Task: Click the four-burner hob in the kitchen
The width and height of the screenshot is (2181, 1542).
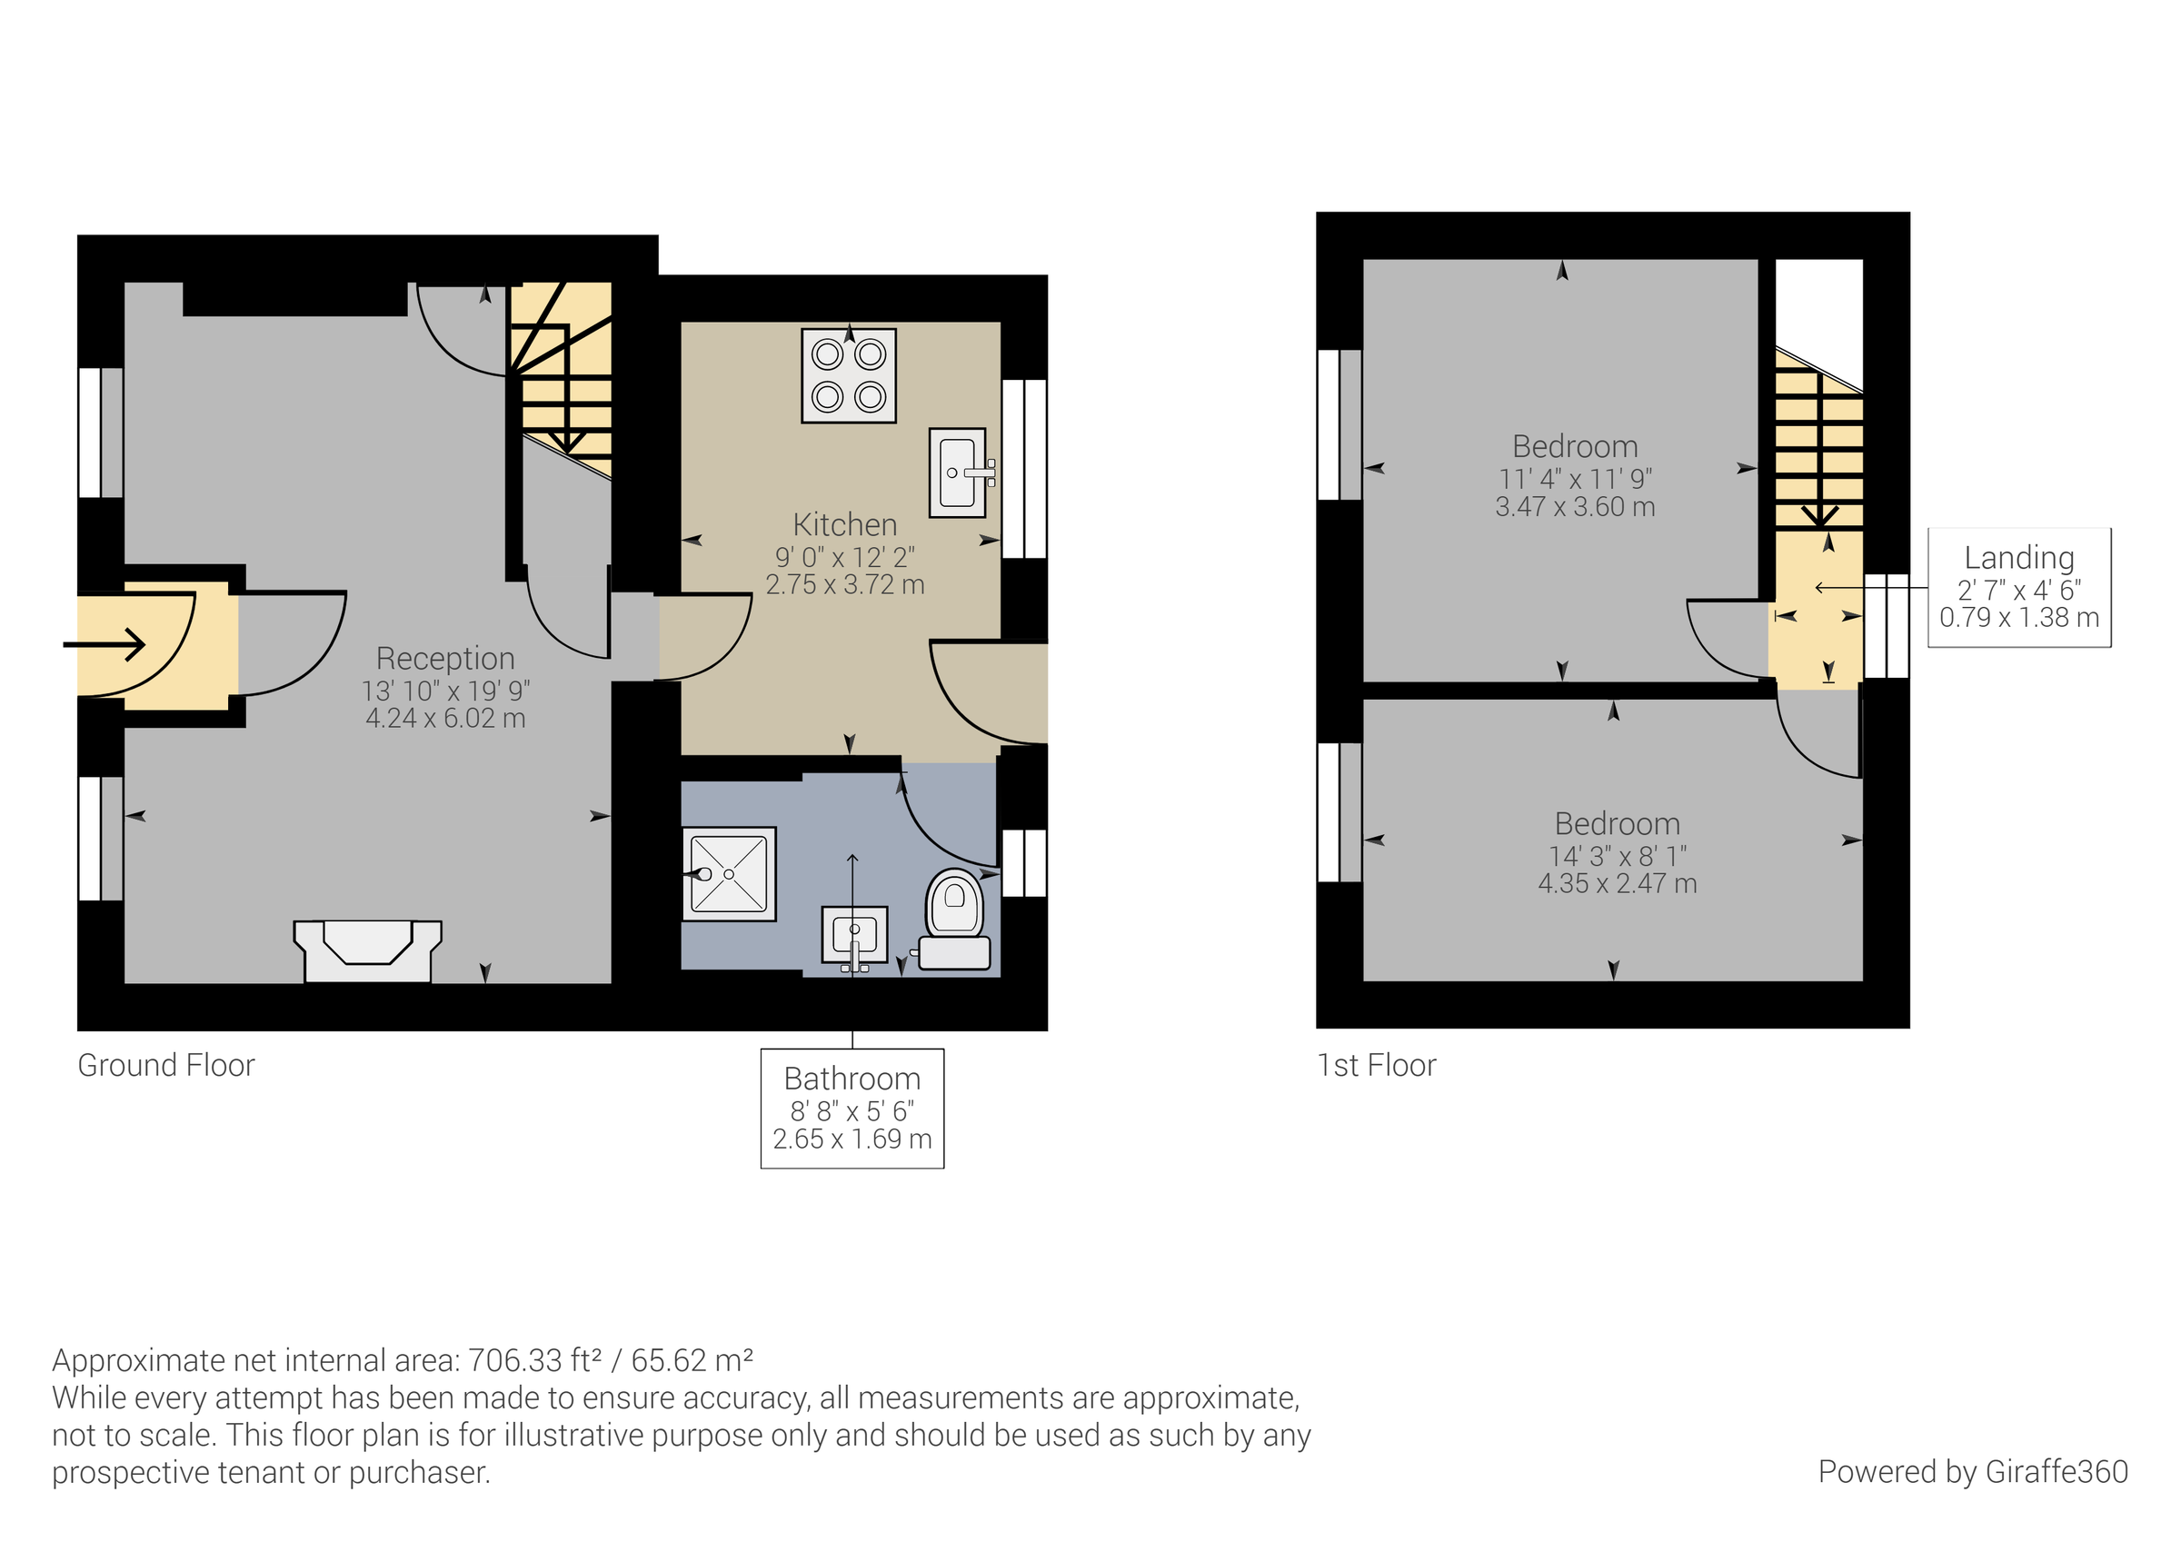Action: click(848, 375)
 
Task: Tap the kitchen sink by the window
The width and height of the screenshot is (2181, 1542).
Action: click(958, 473)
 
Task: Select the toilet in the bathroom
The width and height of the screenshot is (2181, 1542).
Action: click(956, 918)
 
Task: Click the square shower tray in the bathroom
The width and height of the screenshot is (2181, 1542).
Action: click(729, 873)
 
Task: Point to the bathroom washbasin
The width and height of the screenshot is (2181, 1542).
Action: click(855, 935)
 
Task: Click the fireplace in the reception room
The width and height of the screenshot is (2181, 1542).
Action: click(368, 950)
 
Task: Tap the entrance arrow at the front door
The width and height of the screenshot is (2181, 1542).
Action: click(106, 645)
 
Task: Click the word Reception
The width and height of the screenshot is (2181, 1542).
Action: click(444, 658)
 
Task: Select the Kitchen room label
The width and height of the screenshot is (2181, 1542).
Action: click(844, 524)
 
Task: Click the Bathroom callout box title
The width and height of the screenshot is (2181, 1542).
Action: click(852, 1079)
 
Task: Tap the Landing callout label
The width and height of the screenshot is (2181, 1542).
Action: click(2018, 558)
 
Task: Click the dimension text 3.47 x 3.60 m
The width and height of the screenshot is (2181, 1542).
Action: click(1575, 506)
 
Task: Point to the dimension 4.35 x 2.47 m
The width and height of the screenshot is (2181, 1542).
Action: click(1617, 882)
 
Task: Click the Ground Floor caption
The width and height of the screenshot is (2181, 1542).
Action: click(166, 1065)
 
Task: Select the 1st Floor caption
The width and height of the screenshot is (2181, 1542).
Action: click(1377, 1065)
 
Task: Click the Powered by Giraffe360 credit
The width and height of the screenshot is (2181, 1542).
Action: click(1973, 1471)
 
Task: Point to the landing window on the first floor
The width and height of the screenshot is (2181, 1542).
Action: click(1886, 625)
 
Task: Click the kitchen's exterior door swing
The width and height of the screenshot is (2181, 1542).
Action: click(988, 691)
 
